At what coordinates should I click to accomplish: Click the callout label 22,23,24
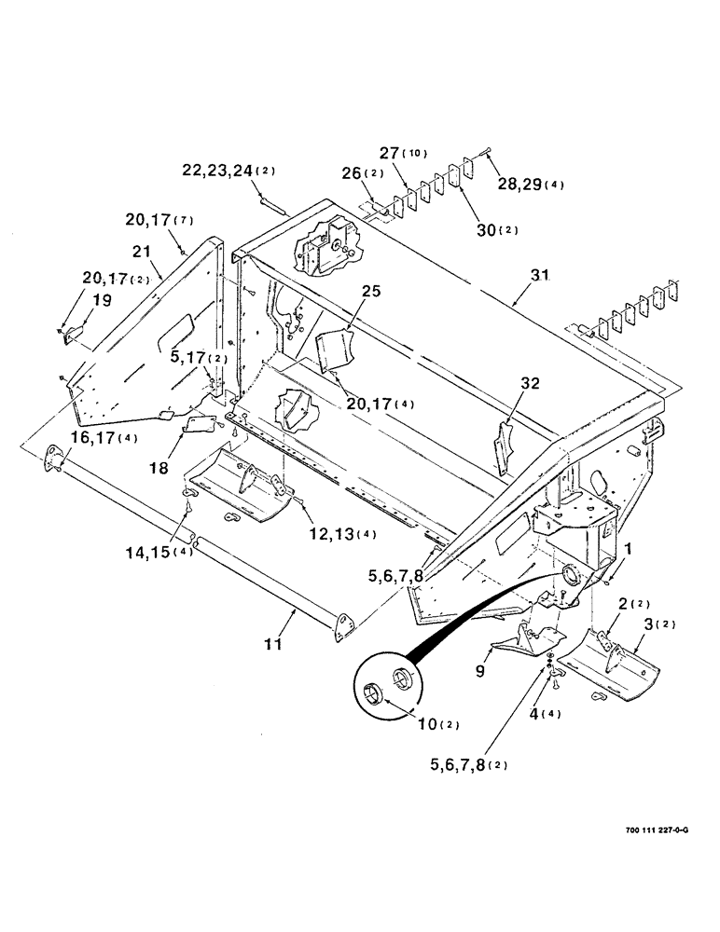(215, 170)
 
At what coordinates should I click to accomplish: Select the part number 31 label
(539, 276)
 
